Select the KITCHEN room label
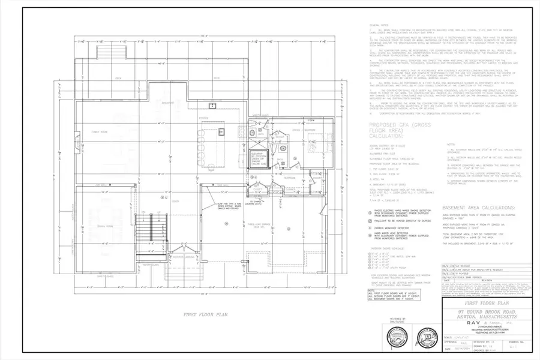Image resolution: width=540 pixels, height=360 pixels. (x=204, y=118)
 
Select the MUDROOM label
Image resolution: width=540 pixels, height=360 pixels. (x=289, y=178)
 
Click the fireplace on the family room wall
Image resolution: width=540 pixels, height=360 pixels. (x=79, y=142)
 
